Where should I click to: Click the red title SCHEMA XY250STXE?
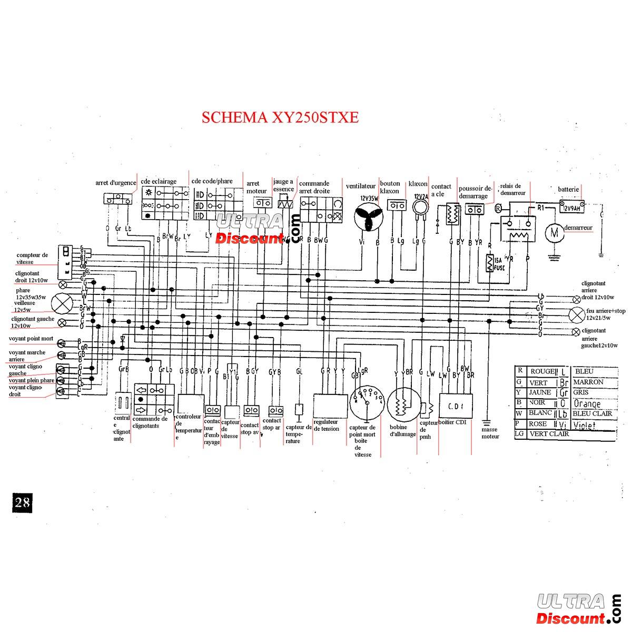coord(280,117)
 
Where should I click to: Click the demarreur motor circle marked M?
coord(554,231)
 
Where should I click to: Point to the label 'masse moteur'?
coord(489,433)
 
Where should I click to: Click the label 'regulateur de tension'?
coord(327,426)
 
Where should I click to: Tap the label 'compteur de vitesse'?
coord(32,258)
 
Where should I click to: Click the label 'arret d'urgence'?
coord(116,183)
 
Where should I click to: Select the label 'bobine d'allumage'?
coord(403,431)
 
